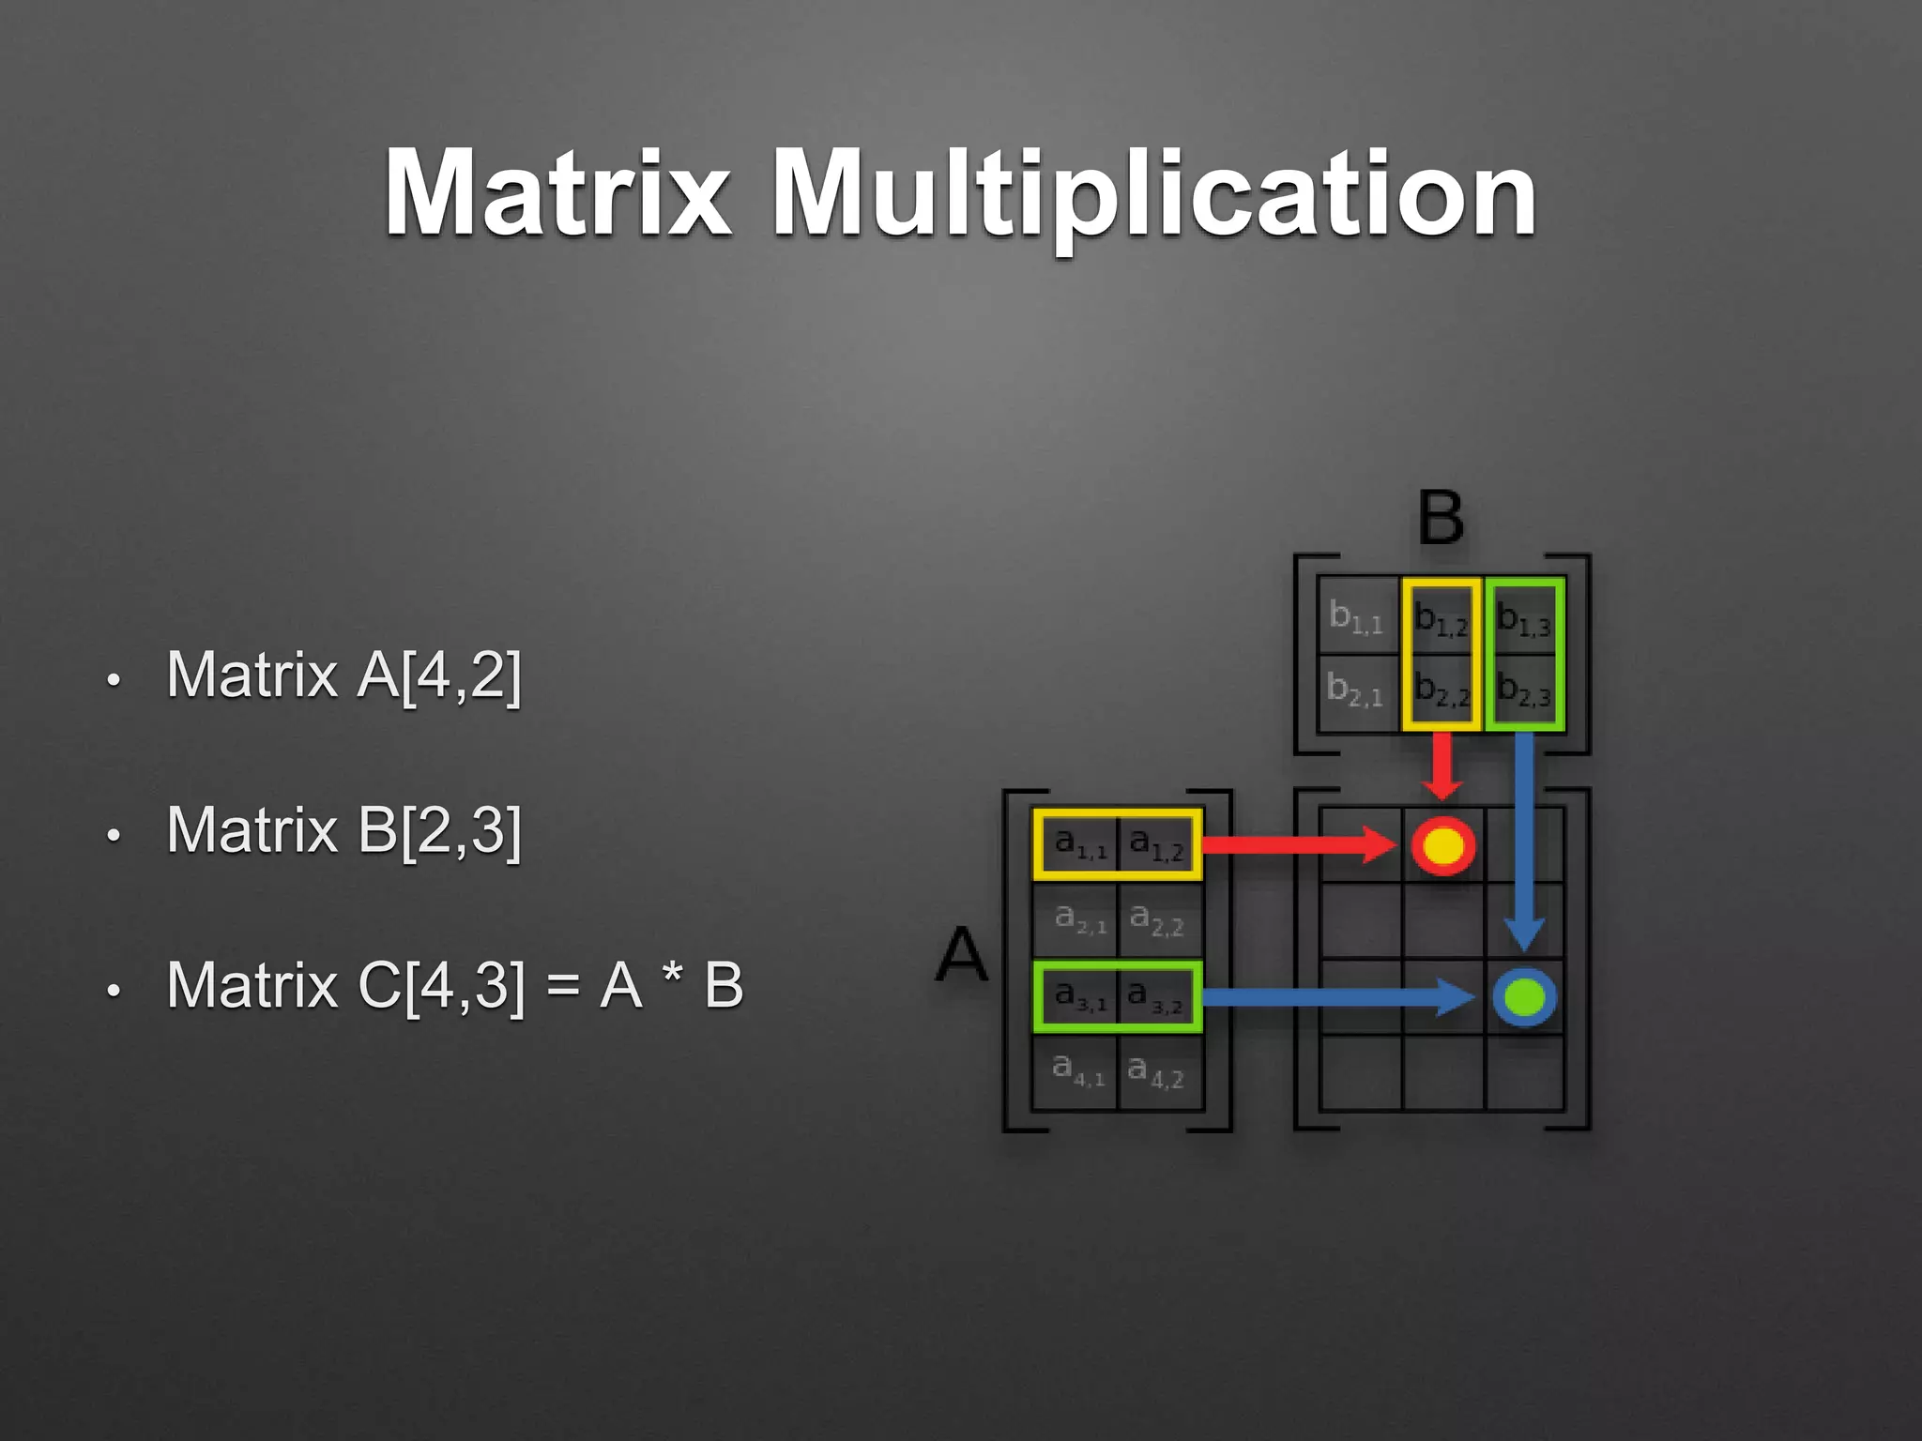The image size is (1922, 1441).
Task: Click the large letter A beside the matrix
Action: (963, 954)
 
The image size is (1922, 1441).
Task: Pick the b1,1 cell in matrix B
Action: (1357, 616)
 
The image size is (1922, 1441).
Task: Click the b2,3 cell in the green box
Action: (1524, 690)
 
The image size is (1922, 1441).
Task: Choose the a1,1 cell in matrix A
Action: (1080, 844)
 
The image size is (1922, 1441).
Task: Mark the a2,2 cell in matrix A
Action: (1156, 919)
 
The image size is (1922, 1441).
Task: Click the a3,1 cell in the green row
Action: (1080, 995)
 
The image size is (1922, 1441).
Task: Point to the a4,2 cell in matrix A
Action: (1156, 1070)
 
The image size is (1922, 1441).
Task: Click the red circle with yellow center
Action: (1443, 845)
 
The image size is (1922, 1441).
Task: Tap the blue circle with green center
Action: (1524, 996)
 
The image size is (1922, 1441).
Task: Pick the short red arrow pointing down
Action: (1442, 766)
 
